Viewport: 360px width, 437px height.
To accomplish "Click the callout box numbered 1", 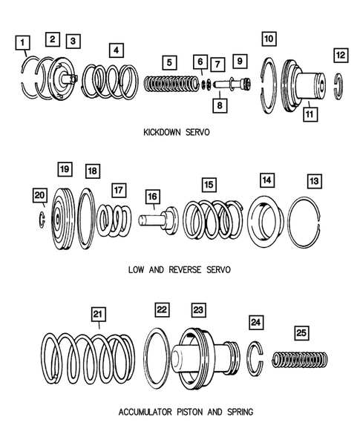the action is point(22,42).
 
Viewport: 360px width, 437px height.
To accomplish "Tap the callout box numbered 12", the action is point(341,55).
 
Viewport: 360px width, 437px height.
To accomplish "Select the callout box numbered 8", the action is point(220,105).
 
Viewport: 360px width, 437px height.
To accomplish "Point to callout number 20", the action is point(39,195).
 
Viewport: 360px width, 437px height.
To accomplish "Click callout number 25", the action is point(301,333).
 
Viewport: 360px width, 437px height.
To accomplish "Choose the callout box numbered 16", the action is point(152,197).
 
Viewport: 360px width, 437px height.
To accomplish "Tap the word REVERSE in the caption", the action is point(185,270).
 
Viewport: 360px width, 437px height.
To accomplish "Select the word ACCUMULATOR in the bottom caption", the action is point(145,412).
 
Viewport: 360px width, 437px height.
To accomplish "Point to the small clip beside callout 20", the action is point(41,220).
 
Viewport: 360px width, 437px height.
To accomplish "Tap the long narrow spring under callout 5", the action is point(171,84).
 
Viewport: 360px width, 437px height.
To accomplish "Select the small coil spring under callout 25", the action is point(300,360).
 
